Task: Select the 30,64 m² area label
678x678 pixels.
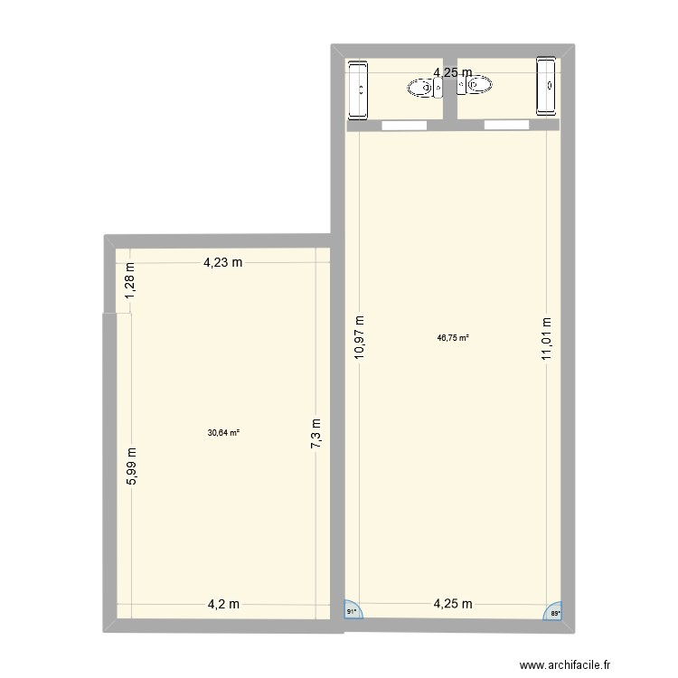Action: pos(223,432)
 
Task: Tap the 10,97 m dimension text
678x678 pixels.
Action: pos(359,339)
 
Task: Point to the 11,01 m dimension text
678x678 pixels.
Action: pos(546,339)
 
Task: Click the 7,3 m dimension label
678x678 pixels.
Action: pos(316,440)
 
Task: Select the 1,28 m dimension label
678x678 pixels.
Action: pos(129,280)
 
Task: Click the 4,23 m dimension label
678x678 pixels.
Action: pos(222,263)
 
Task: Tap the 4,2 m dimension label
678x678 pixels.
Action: pos(222,605)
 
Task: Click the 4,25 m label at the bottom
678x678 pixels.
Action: pos(453,605)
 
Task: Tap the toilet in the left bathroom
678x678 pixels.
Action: pos(423,87)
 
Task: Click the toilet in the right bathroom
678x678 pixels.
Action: pos(476,86)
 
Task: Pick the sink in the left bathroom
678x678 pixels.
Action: pos(359,89)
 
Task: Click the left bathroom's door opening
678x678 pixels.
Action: pos(402,123)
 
